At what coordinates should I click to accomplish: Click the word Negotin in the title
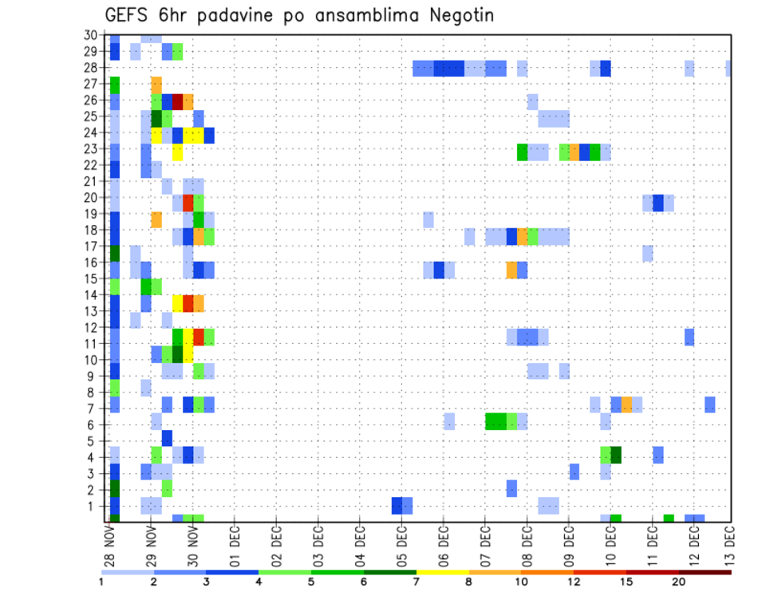(x=452, y=15)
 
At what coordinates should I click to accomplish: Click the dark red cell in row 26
(x=178, y=101)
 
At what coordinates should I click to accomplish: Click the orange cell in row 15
(x=511, y=270)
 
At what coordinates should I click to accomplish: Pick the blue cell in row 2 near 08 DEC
(x=511, y=488)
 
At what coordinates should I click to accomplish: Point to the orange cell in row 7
(x=626, y=405)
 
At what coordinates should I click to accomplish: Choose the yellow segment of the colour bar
(x=443, y=572)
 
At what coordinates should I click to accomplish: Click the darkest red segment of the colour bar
(x=705, y=572)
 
